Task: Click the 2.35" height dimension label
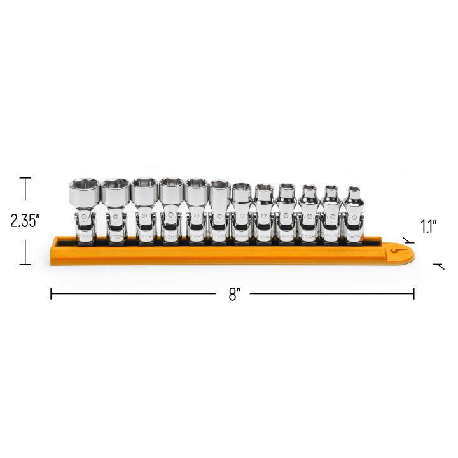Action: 25,221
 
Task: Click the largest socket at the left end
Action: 82,193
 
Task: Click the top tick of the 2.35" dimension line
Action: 26,179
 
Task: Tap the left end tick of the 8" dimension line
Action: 52,294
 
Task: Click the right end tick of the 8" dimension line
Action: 414,294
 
